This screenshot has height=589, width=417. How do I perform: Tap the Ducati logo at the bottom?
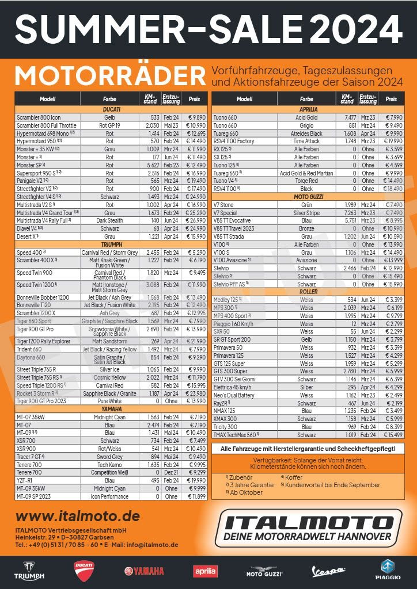(84, 569)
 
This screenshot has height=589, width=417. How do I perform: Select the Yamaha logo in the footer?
(144, 571)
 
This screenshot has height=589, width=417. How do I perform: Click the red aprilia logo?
(205, 571)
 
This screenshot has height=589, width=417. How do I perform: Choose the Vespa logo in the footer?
(328, 572)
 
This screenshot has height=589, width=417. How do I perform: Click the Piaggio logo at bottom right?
(387, 569)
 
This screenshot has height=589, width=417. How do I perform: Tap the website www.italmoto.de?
(78, 516)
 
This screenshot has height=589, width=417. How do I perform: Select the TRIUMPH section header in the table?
(112, 244)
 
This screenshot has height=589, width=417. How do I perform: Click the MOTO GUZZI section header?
(309, 197)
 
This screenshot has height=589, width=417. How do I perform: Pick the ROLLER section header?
(309, 292)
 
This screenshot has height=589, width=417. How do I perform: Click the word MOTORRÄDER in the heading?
(110, 77)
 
